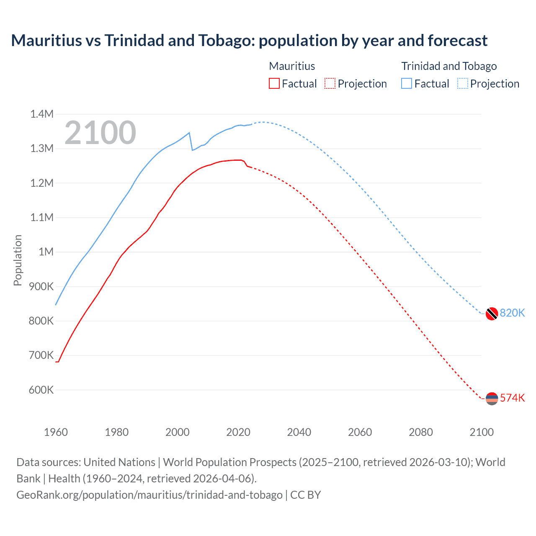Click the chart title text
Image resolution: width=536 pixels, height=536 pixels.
point(249,41)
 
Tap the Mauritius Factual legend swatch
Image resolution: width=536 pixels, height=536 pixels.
point(274,83)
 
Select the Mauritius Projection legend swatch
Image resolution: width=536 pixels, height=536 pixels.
point(330,83)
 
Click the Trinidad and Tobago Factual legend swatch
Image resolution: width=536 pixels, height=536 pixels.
point(407,83)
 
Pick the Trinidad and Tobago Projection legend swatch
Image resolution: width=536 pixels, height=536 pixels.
point(463,83)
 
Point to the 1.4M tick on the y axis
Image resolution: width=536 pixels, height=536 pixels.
point(42,114)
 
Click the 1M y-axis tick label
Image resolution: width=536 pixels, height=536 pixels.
point(46,252)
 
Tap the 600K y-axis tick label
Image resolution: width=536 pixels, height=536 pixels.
point(42,390)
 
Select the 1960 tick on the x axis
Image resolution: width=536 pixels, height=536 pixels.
point(56,432)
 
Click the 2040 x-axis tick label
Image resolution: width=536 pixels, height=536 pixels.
point(299,432)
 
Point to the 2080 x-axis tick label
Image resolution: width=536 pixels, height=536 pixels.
point(421,432)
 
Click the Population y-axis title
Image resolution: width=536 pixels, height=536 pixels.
point(18,260)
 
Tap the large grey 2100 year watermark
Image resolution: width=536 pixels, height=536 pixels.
point(100,133)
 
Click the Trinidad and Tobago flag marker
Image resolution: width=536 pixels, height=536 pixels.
point(492,313)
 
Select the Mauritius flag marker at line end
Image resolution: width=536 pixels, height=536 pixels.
point(492,398)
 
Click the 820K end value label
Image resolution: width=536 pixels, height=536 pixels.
point(512,313)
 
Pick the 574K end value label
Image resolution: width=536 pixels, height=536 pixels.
point(512,398)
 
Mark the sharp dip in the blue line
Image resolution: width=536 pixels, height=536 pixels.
point(192,149)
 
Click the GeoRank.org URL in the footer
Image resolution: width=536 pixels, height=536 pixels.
point(149,495)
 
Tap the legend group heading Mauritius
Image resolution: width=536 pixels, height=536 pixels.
point(292,66)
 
